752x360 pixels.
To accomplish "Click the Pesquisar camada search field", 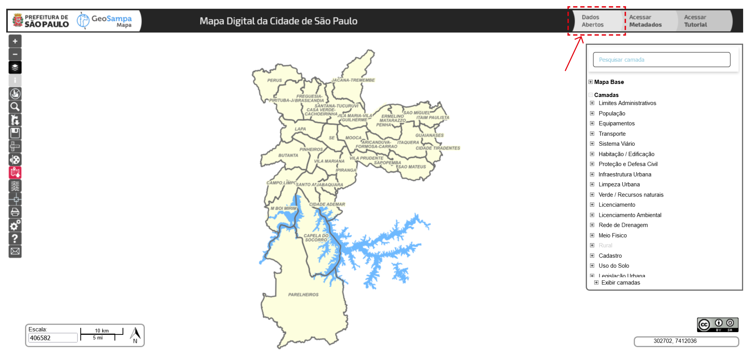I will click(x=661, y=60).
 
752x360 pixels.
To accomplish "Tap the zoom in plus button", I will click(x=15, y=41).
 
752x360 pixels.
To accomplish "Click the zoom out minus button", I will click(x=15, y=54).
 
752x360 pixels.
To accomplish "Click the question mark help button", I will click(x=15, y=239).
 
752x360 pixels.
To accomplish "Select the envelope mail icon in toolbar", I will click(x=15, y=252).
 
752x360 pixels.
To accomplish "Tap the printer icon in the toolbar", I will click(x=15, y=212).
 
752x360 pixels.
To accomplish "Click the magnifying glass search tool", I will click(x=15, y=107).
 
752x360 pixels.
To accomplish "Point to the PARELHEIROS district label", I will click(x=303, y=295).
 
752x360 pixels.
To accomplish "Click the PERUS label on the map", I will click(x=275, y=80).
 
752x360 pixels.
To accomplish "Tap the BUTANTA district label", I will click(x=288, y=156).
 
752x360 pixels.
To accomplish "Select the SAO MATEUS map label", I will click(x=412, y=167).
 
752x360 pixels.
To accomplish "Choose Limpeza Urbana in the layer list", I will click(x=619, y=184).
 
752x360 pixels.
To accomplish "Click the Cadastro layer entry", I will click(x=610, y=256).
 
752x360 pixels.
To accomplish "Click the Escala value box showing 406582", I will click(x=53, y=338).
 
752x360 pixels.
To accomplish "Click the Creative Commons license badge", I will click(x=718, y=325).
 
